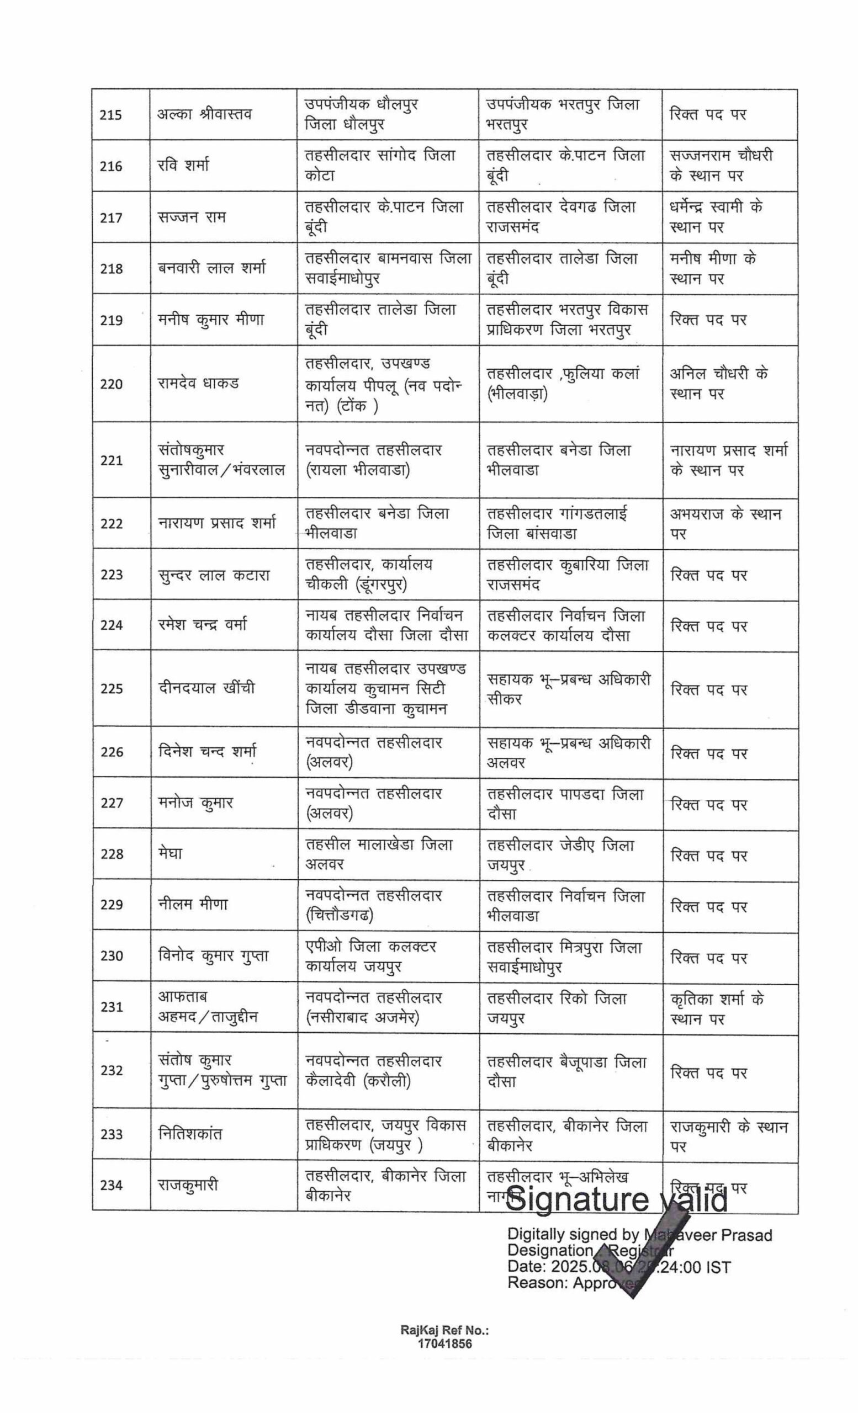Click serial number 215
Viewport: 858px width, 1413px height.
pyautogui.click(x=110, y=115)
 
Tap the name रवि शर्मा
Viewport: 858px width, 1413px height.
pyautogui.click(x=183, y=165)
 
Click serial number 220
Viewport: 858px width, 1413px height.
pyautogui.click(x=110, y=384)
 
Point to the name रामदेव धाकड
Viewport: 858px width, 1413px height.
pyautogui.click(x=198, y=383)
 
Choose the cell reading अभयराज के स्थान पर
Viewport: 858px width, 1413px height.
pyautogui.click(x=725, y=523)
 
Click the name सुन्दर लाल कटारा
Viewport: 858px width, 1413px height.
pyautogui.click(x=213, y=575)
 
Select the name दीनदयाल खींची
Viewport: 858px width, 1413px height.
pyautogui.click(x=206, y=688)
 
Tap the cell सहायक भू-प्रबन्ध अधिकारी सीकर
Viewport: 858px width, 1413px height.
pyautogui.click(x=568, y=689)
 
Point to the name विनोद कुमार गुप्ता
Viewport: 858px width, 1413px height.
pyautogui.click(x=213, y=955)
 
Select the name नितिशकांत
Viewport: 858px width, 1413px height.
pyautogui.click(x=190, y=1134)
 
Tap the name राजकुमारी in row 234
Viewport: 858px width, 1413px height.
pyautogui.click(x=188, y=1184)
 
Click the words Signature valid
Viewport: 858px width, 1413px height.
pyautogui.click(x=617, y=1200)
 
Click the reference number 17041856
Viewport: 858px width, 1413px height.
pyautogui.click(x=445, y=1344)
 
